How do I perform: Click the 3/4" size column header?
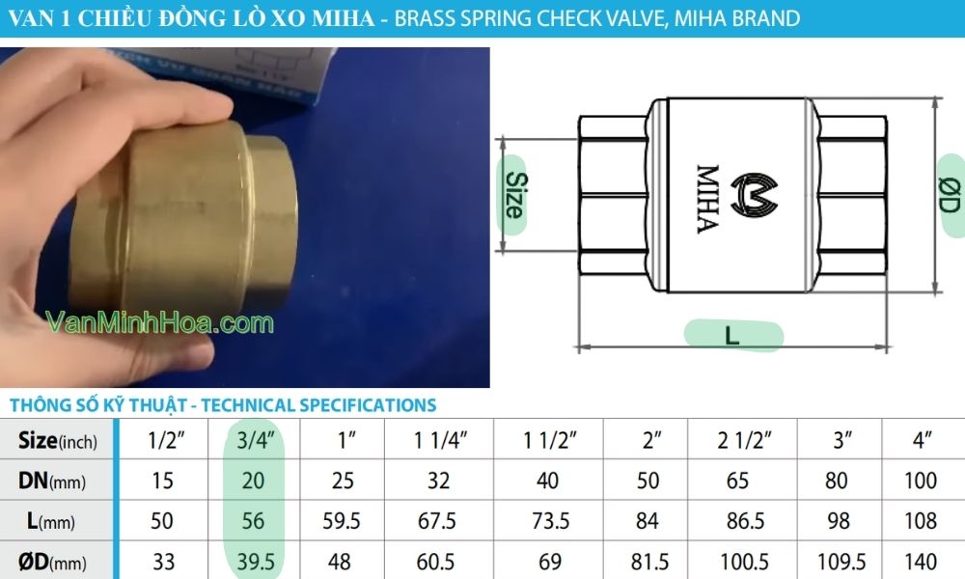[x=255, y=442]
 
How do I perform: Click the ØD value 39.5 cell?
[x=255, y=561]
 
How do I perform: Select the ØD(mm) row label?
[x=54, y=561]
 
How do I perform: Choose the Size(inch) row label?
[x=57, y=442]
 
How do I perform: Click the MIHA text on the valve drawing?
[x=706, y=198]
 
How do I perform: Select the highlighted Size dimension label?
[x=513, y=195]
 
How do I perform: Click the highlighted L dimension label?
[x=732, y=335]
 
